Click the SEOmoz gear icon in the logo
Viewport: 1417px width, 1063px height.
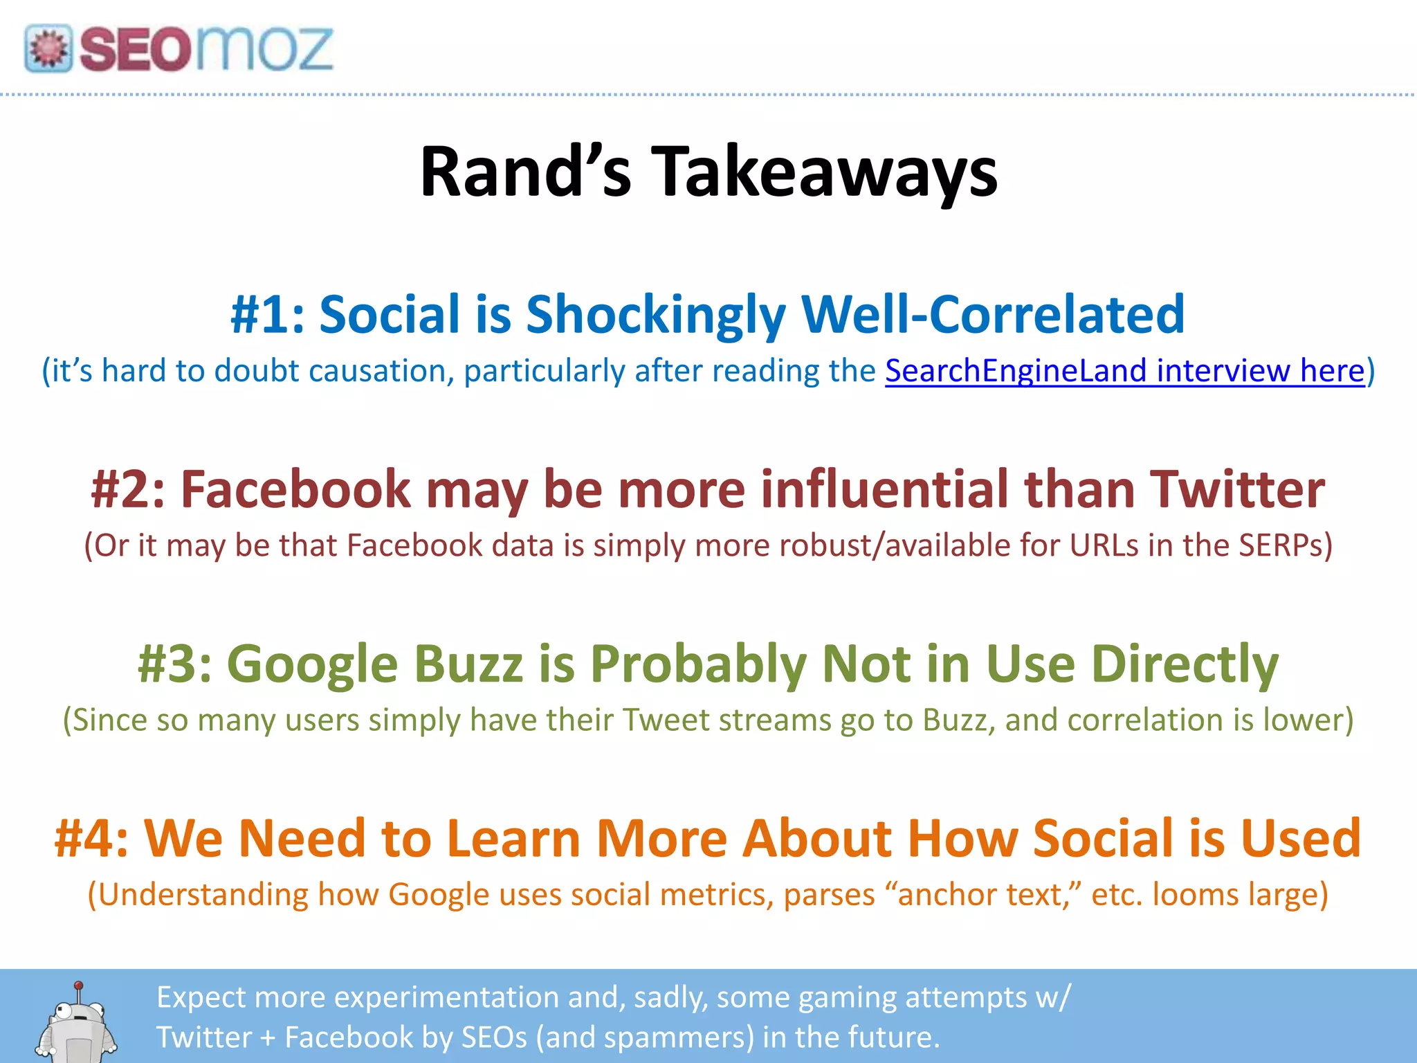(x=48, y=48)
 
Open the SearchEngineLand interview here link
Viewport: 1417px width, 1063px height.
(x=1125, y=371)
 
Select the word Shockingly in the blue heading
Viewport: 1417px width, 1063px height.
(x=655, y=315)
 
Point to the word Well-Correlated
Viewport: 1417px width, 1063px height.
(x=992, y=315)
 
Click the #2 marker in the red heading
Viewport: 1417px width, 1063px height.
(x=129, y=489)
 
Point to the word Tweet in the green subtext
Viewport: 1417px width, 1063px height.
(x=665, y=720)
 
